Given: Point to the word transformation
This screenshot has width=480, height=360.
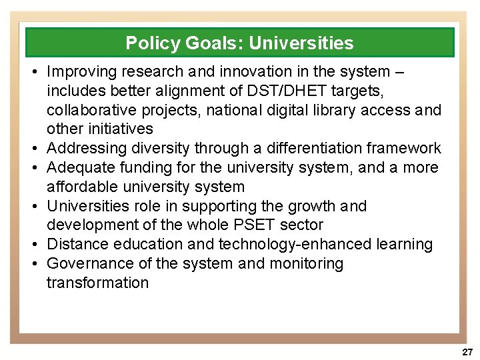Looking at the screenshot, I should pos(97,283).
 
